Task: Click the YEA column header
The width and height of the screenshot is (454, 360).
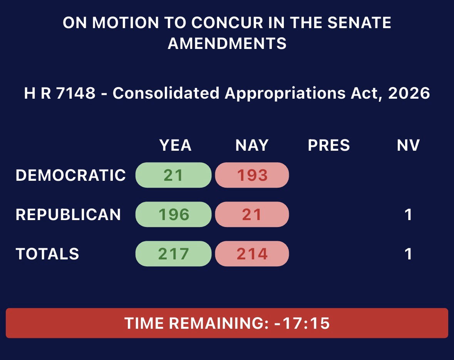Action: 176,145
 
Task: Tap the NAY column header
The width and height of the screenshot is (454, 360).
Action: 252,145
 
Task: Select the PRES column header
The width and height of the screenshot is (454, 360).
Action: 329,145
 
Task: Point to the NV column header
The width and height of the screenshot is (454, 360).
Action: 408,145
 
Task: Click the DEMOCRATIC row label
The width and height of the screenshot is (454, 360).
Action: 70,175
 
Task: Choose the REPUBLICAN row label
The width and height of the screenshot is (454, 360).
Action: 68,214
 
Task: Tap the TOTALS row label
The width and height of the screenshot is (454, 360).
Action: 47,254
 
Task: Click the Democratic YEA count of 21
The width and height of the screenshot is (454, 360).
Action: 173,175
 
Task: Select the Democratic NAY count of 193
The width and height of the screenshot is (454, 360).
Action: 252,175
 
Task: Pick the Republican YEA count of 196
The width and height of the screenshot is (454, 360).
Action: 174,214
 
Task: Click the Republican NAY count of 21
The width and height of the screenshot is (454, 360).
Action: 252,214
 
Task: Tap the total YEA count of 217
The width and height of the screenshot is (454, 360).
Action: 174,254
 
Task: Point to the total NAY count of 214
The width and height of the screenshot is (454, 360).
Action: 252,254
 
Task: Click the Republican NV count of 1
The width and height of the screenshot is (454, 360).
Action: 408,215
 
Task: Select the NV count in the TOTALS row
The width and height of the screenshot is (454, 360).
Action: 408,254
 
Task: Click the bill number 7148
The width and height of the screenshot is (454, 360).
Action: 76,93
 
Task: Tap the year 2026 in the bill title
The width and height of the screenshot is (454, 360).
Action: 409,93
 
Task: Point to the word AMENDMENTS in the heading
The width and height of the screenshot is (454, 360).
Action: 227,44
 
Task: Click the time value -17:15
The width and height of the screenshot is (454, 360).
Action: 302,323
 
